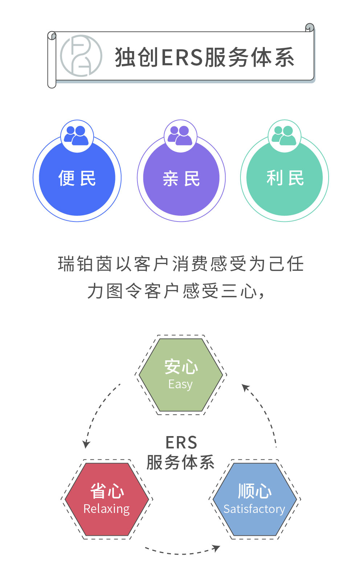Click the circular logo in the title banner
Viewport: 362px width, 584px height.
point(81,56)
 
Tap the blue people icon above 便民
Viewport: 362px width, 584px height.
point(77,136)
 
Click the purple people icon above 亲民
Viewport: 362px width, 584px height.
point(180,136)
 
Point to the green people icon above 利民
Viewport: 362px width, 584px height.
point(284,136)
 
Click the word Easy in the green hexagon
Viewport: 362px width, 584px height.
point(180,384)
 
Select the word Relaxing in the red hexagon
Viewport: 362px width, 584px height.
point(106,509)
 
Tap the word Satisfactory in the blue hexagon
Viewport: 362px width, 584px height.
point(254,509)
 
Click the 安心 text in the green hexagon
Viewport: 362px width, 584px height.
point(181,367)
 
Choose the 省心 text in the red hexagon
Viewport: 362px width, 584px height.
point(107,491)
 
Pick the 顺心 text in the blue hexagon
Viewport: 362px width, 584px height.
point(255,491)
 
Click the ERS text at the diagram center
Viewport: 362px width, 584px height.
point(181,443)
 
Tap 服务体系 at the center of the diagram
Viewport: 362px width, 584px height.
point(180,462)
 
